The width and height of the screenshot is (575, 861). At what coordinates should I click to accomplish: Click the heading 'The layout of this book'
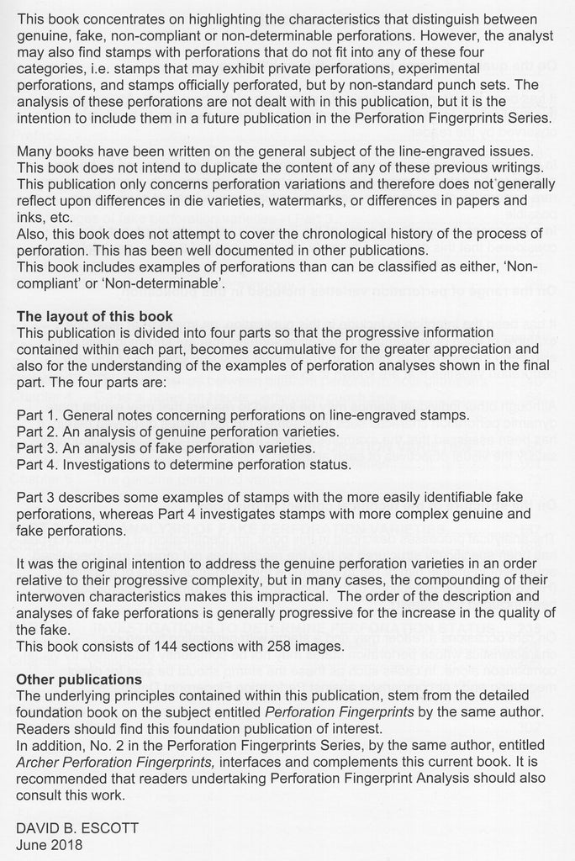click(95, 317)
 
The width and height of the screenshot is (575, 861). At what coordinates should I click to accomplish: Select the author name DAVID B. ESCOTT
click(77, 828)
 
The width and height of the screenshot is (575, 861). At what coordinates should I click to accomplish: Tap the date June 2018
click(50, 844)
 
